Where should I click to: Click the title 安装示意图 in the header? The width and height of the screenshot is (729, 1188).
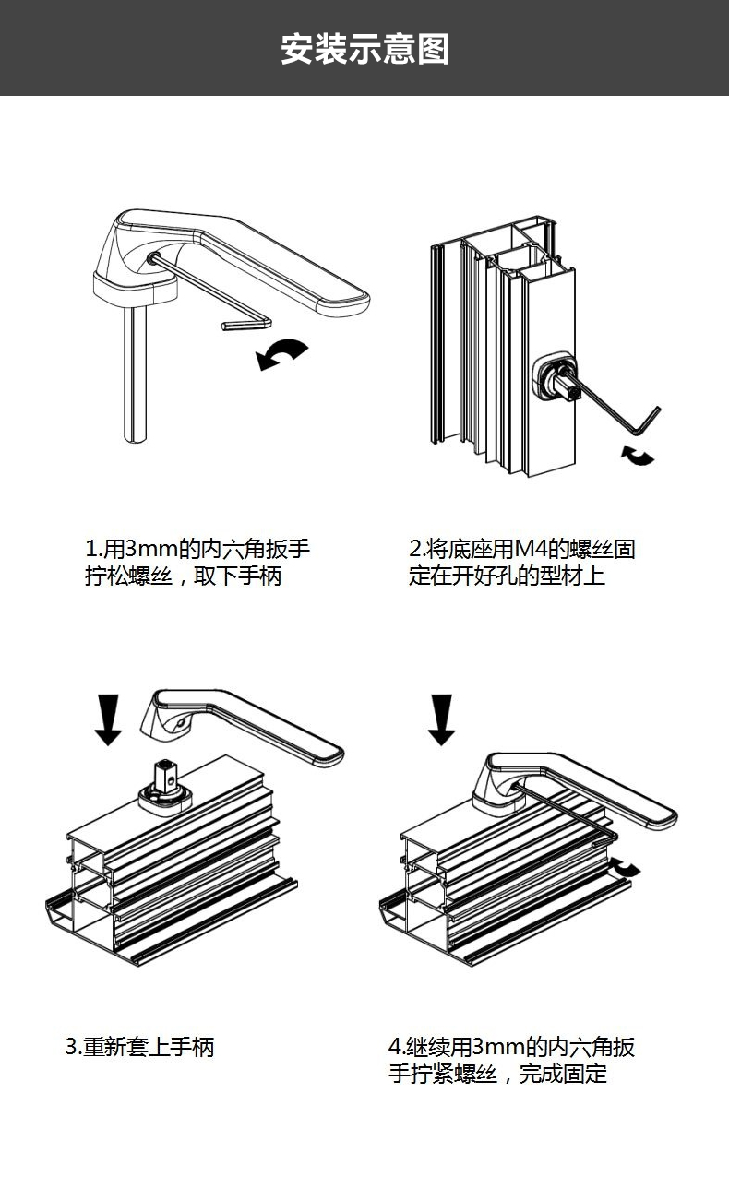click(x=364, y=49)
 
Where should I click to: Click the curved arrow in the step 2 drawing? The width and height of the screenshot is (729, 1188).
click(x=637, y=454)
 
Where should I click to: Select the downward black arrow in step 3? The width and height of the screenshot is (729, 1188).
click(x=108, y=719)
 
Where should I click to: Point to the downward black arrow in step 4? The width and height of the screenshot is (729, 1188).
click(x=442, y=719)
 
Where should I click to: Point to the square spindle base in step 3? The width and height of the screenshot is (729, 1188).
click(x=166, y=784)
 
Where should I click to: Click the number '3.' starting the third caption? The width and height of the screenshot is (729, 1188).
click(x=73, y=1048)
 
